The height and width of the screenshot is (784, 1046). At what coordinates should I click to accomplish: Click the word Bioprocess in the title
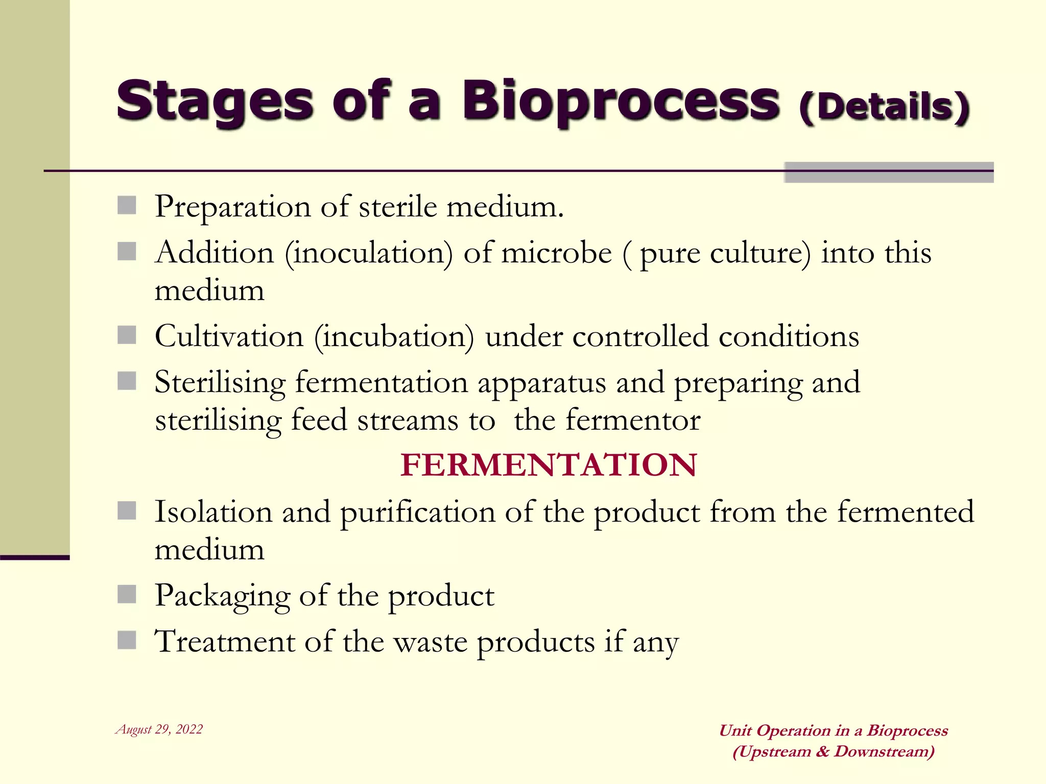click(621, 102)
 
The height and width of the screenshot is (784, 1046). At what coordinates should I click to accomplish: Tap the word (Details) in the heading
click(884, 108)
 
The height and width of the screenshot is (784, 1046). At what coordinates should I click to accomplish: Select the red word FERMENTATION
click(548, 465)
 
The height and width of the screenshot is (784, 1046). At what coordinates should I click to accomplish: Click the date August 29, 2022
click(159, 729)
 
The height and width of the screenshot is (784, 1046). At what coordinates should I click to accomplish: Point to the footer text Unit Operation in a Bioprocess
click(833, 730)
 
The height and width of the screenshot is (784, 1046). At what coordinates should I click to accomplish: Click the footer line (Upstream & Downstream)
click(833, 752)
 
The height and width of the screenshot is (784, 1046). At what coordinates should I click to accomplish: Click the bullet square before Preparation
click(127, 206)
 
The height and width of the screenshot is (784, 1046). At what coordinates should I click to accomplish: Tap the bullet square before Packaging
click(127, 594)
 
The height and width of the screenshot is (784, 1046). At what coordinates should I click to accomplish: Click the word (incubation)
click(394, 337)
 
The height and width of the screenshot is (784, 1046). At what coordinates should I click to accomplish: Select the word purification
click(417, 512)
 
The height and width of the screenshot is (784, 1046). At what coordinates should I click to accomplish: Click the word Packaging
click(222, 596)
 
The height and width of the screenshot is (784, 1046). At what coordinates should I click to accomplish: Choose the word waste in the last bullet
click(430, 642)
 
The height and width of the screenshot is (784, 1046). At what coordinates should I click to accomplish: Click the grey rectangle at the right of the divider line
click(889, 173)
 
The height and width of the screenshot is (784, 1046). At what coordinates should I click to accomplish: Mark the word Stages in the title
click(215, 102)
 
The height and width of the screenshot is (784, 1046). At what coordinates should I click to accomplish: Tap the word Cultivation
click(229, 337)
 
